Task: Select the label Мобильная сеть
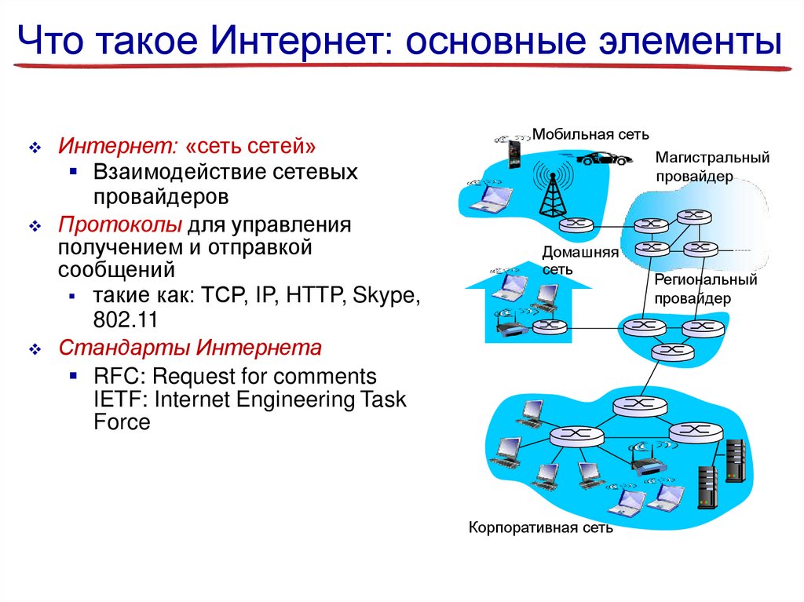590,134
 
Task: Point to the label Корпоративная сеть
540,527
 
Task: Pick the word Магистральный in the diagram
712,159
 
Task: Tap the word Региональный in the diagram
705,279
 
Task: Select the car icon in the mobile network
605,157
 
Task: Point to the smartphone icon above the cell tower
514,151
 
